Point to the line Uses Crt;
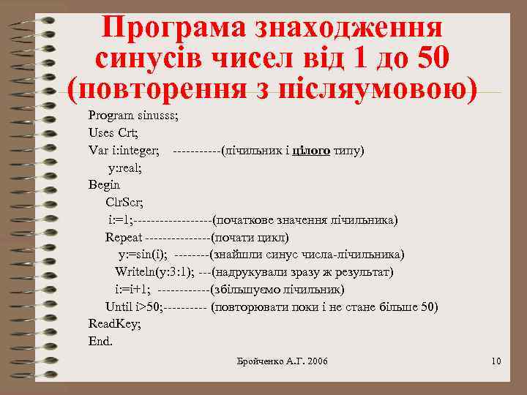pyautogui.click(x=113, y=133)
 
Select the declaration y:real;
pyautogui.click(x=125, y=168)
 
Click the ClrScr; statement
pyautogui.click(x=124, y=203)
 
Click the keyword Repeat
pyautogui.click(x=124, y=237)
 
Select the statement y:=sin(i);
pyautogui.click(x=143, y=255)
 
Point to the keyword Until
pyautogui.click(x=119, y=306)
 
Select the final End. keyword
pyautogui.click(x=101, y=341)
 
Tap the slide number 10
pyautogui.click(x=496, y=361)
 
